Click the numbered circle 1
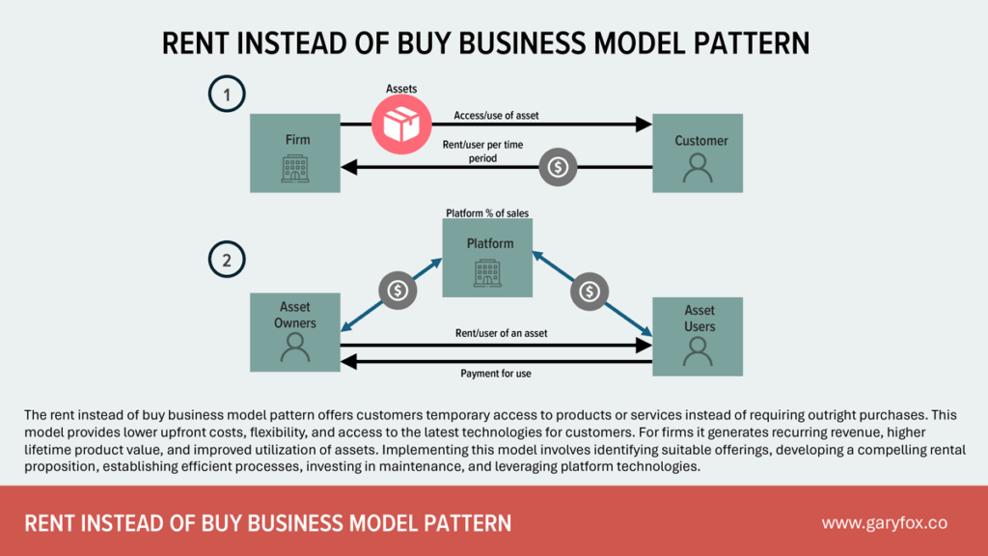227,95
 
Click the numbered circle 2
227,260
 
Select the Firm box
295,153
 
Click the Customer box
698,153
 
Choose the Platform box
487,257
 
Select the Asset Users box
698,336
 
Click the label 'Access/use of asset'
496,116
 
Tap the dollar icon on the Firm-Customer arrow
557,167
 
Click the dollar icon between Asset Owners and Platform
398,291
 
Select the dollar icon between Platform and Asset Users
589,291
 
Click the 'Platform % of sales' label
486,212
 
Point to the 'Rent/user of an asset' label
501,333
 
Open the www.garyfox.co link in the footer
884,522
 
